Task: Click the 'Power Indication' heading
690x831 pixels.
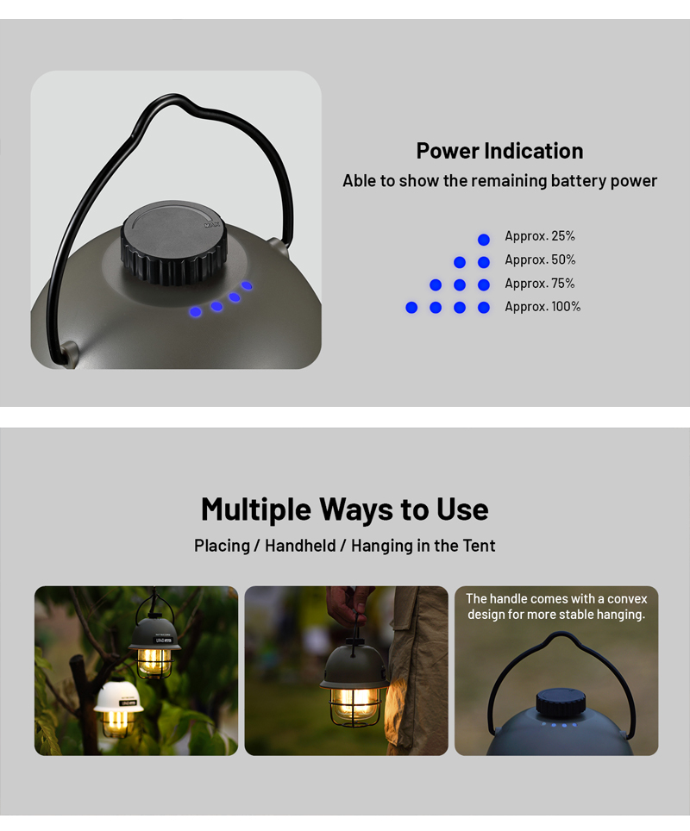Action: pos(499,151)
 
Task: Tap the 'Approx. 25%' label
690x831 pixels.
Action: pos(540,236)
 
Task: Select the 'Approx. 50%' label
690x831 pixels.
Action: pos(540,259)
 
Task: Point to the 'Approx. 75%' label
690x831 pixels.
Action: pos(540,284)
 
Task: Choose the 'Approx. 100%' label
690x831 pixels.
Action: pos(543,306)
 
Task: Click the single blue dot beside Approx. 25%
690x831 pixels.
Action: pos(484,240)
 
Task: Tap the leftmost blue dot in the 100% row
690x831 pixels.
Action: pos(411,308)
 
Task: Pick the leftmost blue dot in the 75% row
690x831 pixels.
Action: pos(436,285)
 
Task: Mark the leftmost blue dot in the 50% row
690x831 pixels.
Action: pos(460,262)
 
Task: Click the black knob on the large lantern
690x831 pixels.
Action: pos(174,241)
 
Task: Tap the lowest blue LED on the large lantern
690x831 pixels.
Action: pos(196,312)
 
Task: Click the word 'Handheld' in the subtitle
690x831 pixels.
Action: pos(300,546)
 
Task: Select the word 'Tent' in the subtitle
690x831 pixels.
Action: pos(479,546)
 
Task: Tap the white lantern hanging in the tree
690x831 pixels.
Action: pos(118,709)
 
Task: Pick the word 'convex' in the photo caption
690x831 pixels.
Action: pos(627,599)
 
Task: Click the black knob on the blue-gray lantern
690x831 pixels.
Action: pos(561,703)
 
